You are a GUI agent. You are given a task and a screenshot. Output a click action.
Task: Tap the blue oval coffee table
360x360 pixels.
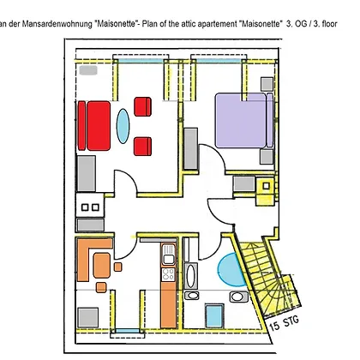tap(123, 126)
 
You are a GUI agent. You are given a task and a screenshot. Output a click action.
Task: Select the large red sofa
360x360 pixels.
tap(94, 125)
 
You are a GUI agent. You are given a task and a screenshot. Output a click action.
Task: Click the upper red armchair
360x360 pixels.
tap(142, 106)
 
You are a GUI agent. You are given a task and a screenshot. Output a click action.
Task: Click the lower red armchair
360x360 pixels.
tap(142, 147)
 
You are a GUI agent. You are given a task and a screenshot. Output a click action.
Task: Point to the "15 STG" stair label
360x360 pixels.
tap(285, 323)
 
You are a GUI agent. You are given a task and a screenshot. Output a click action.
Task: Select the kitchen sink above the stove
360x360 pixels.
tap(168, 255)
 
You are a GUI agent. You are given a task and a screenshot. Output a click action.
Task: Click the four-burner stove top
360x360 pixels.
tap(168, 274)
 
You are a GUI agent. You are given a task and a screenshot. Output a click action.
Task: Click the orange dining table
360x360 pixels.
tap(102, 266)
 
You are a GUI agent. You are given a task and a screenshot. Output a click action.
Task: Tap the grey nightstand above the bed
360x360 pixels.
tap(267, 84)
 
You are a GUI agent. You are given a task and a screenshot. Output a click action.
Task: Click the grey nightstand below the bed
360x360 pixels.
tap(267, 157)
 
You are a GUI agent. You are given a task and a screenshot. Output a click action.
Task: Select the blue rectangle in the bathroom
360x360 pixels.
tap(214, 315)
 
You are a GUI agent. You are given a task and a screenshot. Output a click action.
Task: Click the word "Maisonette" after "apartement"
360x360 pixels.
tap(260, 24)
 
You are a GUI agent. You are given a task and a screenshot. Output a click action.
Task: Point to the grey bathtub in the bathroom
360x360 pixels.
tap(190, 276)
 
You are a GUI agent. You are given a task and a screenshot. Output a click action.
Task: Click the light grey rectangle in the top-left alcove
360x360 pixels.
tap(88, 70)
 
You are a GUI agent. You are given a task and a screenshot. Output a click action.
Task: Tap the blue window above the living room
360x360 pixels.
tap(141, 61)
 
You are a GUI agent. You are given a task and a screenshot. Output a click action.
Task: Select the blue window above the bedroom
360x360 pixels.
tap(219, 61)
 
